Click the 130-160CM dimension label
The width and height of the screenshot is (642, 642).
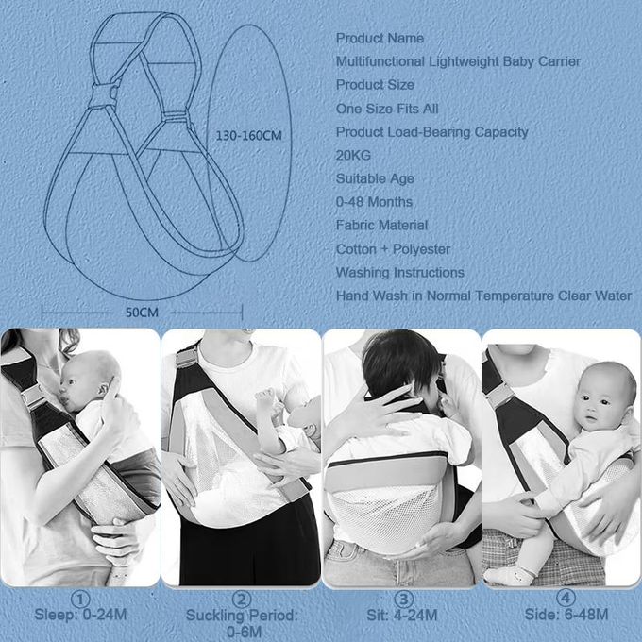pyautogui.click(x=249, y=136)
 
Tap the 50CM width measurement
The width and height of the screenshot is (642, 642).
pyautogui.click(x=142, y=313)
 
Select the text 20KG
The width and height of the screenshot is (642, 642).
pyautogui.click(x=353, y=155)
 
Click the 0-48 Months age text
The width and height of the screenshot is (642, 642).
pyautogui.click(x=374, y=202)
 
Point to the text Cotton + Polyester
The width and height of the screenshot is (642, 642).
pyautogui.click(x=393, y=249)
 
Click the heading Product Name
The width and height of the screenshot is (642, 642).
pyautogui.click(x=380, y=38)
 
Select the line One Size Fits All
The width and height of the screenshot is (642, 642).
pyautogui.click(x=387, y=109)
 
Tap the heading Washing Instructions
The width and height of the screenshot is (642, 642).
pyautogui.click(x=400, y=272)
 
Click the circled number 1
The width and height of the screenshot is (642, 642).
pyautogui.click(x=80, y=600)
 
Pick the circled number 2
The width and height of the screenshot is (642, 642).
pyautogui.click(x=242, y=600)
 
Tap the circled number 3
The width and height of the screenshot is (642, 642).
pyautogui.click(x=403, y=600)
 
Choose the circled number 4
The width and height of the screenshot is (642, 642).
pyautogui.click(x=566, y=599)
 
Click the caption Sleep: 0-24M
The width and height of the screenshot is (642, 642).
pyautogui.click(x=80, y=615)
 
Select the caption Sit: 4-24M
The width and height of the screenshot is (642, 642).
pyautogui.click(x=402, y=615)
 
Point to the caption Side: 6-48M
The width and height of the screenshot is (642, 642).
pyautogui.click(x=566, y=615)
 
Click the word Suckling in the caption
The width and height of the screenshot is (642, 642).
pyautogui.click(x=215, y=616)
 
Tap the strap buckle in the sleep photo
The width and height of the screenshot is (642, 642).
pyautogui.click(x=34, y=397)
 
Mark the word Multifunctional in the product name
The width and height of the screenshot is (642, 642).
pyautogui.click(x=380, y=61)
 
